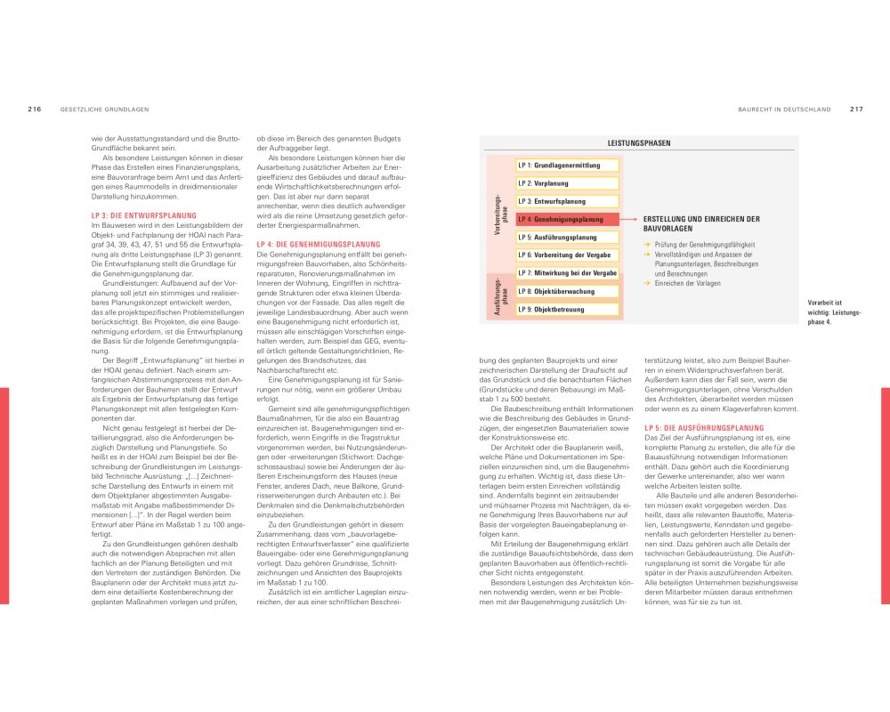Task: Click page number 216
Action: [x=35, y=109]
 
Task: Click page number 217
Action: [x=856, y=109]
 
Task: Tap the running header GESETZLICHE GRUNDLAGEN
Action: [x=104, y=109]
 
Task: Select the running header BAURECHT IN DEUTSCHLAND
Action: [x=784, y=109]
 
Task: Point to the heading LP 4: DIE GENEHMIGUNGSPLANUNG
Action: [x=318, y=244]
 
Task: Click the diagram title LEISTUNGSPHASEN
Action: [x=638, y=143]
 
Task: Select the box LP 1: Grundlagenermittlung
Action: [x=567, y=166]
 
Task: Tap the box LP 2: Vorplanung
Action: [x=567, y=183]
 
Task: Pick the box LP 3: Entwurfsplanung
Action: [x=567, y=201]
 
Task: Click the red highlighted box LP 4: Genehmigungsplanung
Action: [x=567, y=219]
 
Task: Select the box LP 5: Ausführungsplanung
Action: [x=567, y=238]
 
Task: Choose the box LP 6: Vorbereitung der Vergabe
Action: [x=567, y=255]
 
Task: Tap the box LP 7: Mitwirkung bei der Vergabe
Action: [x=567, y=273]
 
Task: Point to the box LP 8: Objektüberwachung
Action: [x=567, y=291]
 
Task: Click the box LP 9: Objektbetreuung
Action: [x=567, y=310]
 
